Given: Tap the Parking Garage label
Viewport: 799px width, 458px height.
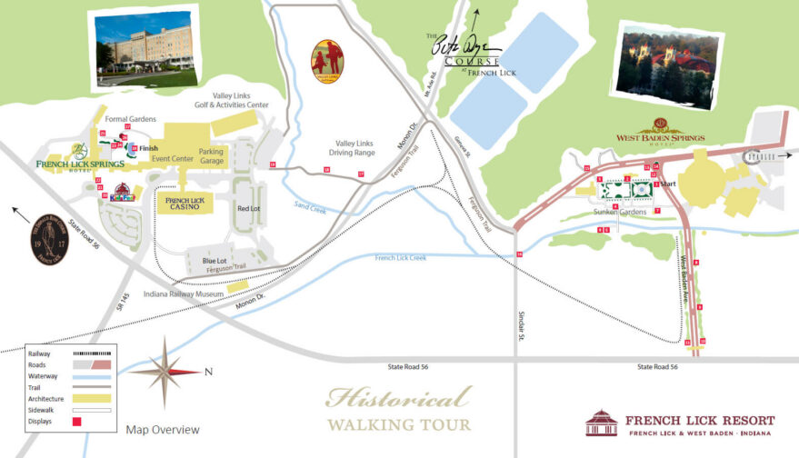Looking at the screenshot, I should point(212,158).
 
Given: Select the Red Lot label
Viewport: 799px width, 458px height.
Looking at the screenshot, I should point(248,209).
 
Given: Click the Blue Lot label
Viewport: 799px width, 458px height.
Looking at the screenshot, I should point(215,261).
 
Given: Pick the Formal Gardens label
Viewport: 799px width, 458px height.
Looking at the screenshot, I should point(130,119).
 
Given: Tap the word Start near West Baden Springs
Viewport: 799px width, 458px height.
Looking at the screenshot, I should point(669,184).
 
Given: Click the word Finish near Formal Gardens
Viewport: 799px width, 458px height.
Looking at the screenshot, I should point(148,148).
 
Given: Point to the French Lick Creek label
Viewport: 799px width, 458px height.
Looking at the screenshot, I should point(401,258).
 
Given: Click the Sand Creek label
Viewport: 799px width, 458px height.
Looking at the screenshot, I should point(309,206).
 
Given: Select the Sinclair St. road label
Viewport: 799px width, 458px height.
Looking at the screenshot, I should point(523,327).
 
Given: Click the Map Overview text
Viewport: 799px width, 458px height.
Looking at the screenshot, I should point(163,430).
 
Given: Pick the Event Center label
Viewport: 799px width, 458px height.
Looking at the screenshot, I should point(172,159).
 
